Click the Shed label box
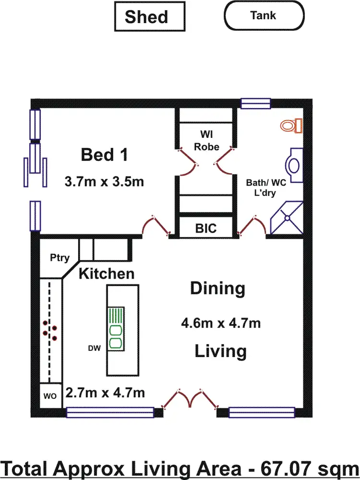tap(149, 17)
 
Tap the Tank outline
tap(264, 16)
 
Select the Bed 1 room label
tap(104, 155)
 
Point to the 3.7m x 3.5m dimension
tap(104, 182)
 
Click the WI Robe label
tap(206, 139)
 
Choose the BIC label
tap(206, 228)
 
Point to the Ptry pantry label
tap(60, 258)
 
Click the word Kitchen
tap(107, 274)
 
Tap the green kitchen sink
tap(115, 327)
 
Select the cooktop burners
tap(50, 330)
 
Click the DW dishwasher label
tap(94, 348)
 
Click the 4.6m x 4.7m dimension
tap(221, 323)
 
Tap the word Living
tap(220, 351)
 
